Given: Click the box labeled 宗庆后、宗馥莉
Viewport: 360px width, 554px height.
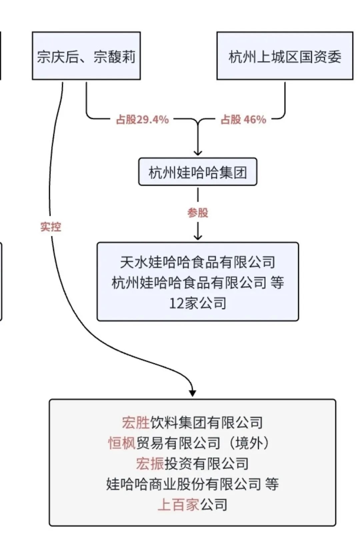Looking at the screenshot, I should point(86,56).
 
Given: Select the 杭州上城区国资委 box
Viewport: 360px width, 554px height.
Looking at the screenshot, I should point(285,56).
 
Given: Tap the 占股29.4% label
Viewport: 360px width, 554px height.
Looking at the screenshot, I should point(142,119).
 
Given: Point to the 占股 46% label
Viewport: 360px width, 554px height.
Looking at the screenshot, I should point(243,119).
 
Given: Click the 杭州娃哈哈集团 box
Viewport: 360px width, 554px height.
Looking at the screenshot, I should point(198,172).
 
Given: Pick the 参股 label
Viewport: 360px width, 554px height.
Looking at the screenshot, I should point(198,212).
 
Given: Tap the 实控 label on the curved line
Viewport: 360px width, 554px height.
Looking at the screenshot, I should point(51,227).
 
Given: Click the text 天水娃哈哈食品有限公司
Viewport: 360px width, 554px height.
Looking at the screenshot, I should point(198,262).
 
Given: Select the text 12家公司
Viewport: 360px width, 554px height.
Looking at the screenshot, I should point(198,303).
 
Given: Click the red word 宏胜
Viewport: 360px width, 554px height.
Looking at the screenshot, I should point(135,423).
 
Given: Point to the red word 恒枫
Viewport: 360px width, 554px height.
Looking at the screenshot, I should point(122,443).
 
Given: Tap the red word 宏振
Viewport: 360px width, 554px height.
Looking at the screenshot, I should point(150,464).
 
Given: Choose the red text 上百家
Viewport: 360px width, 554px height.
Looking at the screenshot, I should point(178,505).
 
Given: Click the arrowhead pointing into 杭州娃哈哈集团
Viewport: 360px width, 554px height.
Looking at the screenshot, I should point(198,152).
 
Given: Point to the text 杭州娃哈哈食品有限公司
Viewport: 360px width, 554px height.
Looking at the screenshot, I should point(189,283).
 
